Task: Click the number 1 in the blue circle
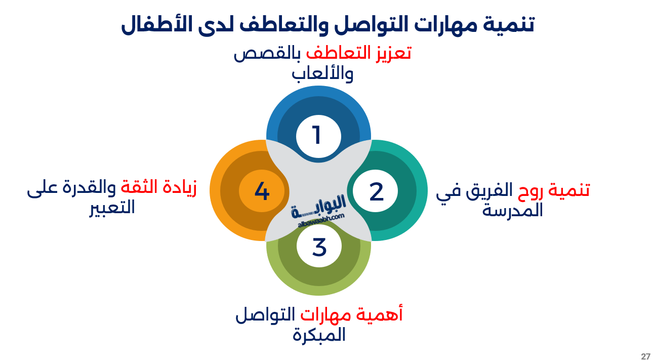(x=317, y=136)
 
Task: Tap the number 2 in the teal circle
(x=376, y=192)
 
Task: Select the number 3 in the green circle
(x=319, y=248)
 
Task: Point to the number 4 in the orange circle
(x=262, y=192)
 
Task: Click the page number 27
(x=645, y=356)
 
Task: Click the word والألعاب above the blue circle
(x=322, y=74)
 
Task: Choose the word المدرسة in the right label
(x=512, y=210)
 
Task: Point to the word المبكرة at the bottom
(x=319, y=335)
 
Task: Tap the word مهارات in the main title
(x=446, y=25)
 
